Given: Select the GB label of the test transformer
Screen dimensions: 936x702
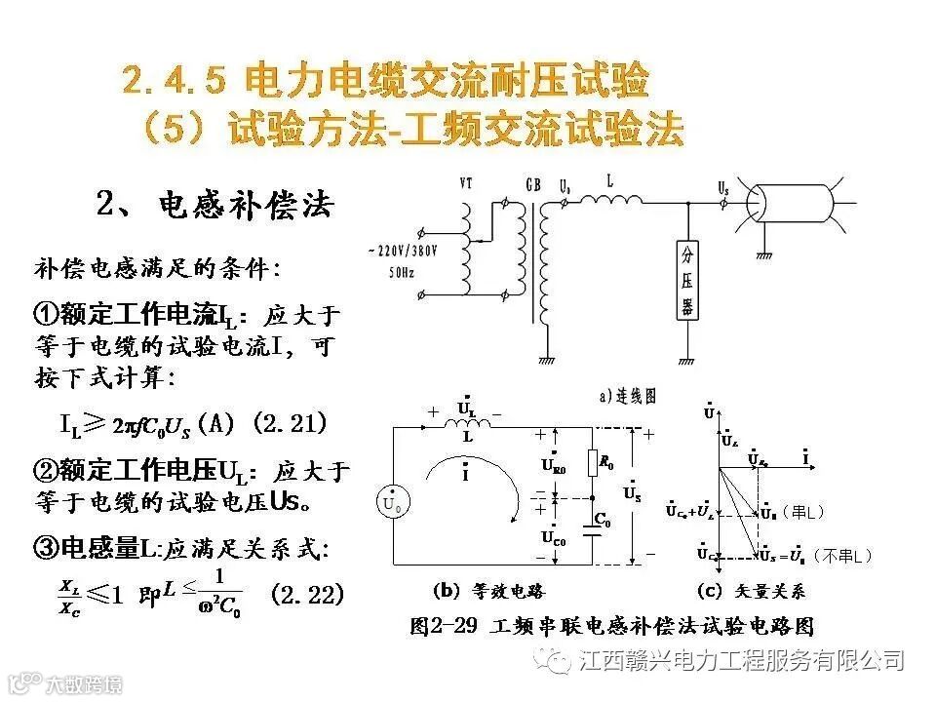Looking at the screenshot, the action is pyautogui.click(x=533, y=183).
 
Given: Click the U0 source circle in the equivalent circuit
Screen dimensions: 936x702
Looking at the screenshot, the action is pyautogui.click(x=392, y=503).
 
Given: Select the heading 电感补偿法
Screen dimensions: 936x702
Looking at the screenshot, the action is pyautogui.click(x=245, y=206).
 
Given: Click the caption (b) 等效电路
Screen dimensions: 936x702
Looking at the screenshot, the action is pyautogui.click(x=487, y=590).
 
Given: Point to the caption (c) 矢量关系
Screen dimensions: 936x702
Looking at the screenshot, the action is pyautogui.click(x=751, y=590).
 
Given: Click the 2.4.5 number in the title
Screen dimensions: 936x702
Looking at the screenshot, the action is pyautogui.click(x=175, y=81).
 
